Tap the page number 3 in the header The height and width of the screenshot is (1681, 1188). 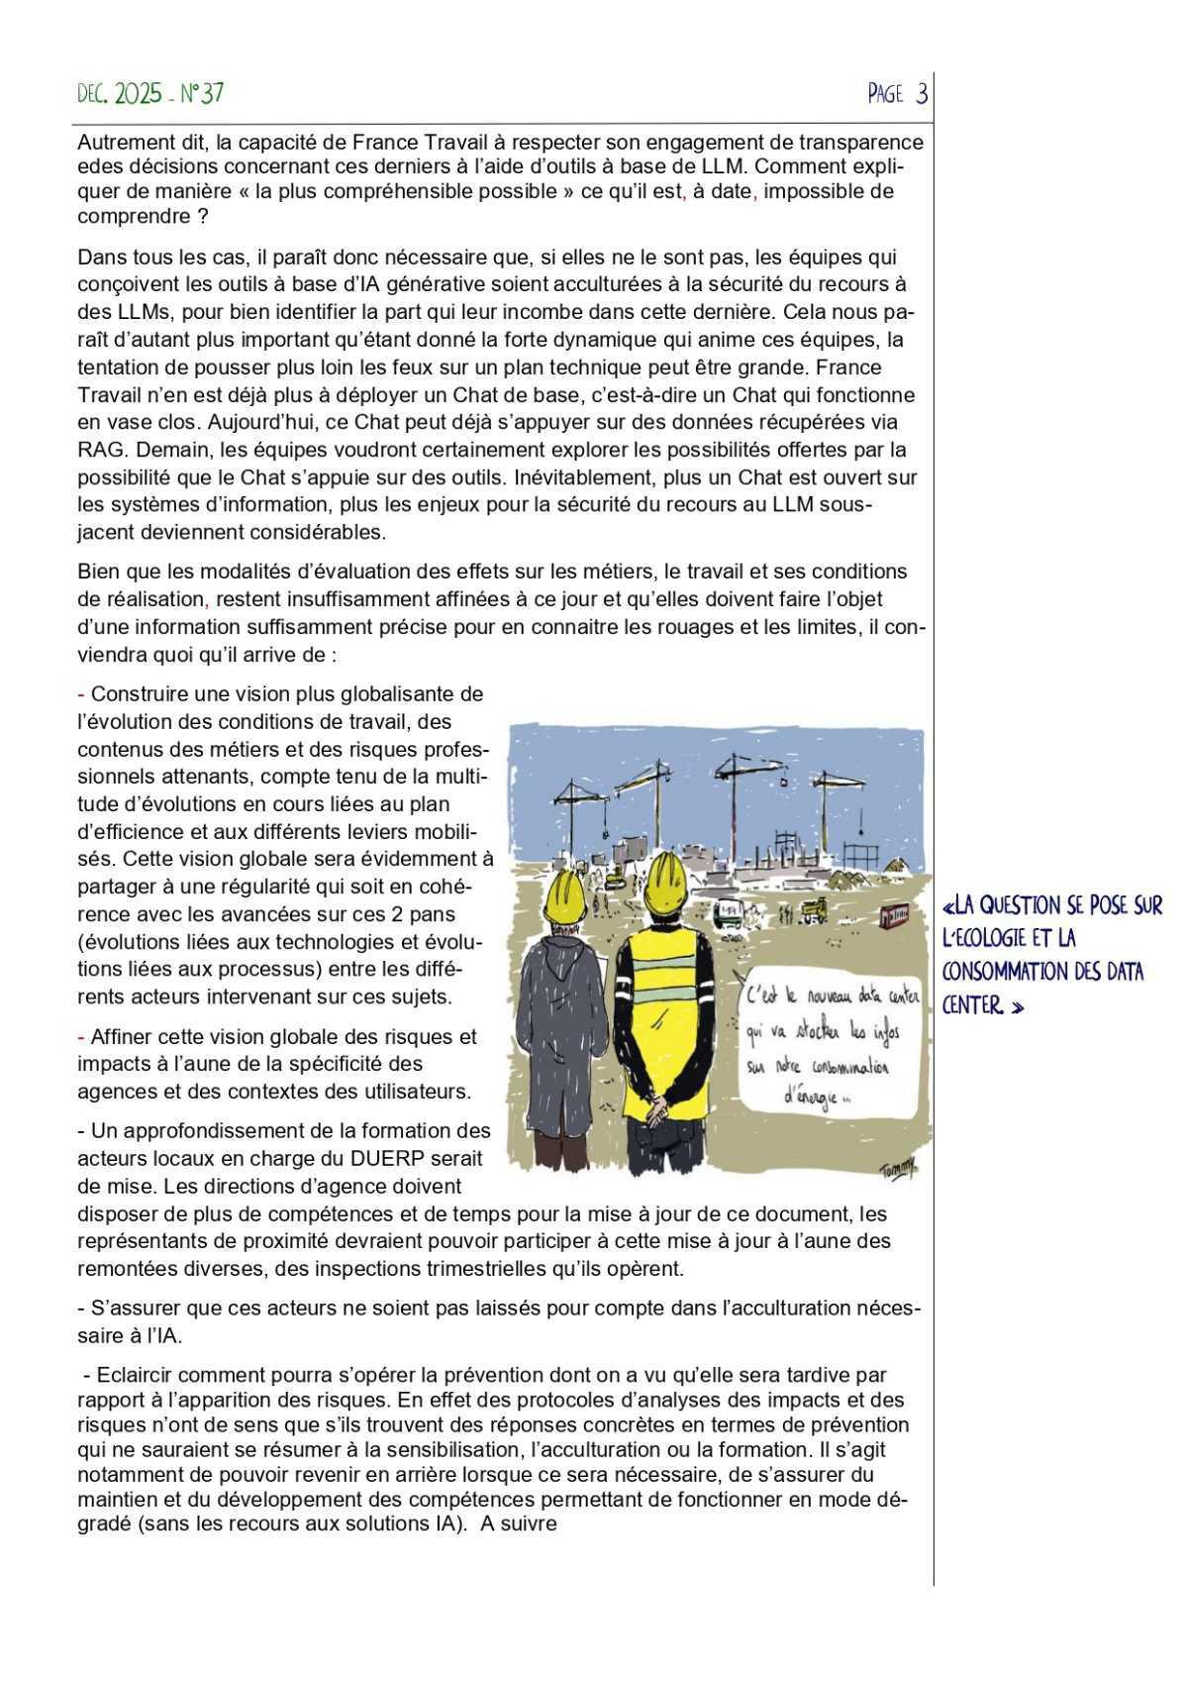(x=922, y=94)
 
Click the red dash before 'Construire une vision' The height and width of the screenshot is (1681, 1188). (x=82, y=695)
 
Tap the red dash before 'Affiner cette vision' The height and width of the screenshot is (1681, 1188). (x=82, y=1037)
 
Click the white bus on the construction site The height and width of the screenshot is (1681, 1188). (x=731, y=909)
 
